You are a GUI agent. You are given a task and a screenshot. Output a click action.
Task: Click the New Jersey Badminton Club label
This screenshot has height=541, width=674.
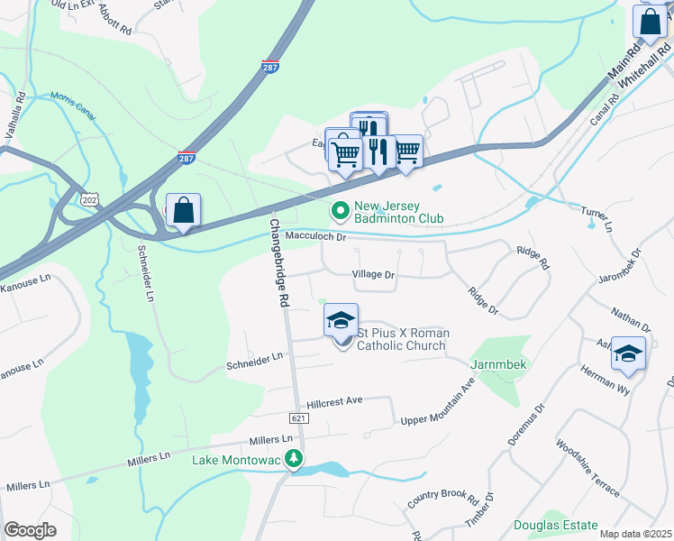399,212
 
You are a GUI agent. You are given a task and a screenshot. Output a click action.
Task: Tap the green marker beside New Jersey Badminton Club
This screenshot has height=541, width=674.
341,212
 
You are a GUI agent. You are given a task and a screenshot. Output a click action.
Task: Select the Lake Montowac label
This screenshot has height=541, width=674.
237,460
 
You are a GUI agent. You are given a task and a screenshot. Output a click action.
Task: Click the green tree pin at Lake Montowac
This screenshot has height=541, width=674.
293,460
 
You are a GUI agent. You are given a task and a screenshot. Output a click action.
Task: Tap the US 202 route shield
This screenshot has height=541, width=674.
89,199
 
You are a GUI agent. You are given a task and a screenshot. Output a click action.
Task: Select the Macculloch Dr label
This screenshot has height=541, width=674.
315,237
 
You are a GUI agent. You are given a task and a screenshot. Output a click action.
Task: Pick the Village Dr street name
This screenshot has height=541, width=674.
374,274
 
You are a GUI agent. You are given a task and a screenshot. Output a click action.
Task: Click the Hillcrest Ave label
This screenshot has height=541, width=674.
333,399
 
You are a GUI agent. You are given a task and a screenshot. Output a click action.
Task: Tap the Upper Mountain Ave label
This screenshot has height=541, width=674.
437,407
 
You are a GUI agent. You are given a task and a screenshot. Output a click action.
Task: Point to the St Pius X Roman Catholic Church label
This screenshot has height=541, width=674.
402,340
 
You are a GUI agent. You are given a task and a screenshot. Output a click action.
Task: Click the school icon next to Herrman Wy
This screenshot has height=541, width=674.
628,353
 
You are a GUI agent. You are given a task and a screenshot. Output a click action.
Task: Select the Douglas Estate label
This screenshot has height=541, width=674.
556,525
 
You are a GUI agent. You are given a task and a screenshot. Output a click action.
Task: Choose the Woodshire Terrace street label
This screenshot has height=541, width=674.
587,468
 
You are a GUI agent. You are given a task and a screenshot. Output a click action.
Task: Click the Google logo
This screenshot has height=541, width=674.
30,530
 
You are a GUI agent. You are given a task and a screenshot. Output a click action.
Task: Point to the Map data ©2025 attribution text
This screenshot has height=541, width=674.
635,534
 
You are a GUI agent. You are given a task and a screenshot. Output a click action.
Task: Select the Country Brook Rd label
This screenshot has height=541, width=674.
442,498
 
